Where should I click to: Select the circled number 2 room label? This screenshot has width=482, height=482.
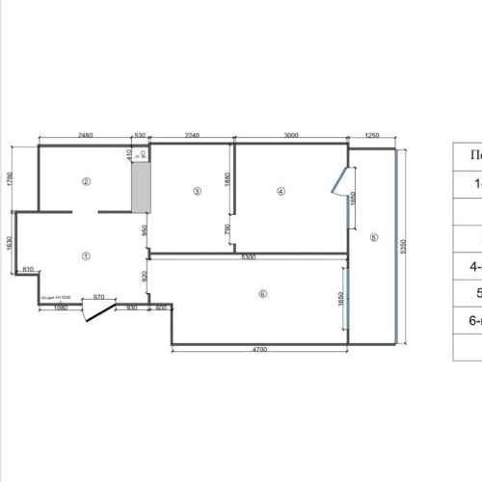click(x=86, y=180)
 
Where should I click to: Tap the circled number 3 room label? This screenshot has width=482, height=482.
click(x=197, y=191)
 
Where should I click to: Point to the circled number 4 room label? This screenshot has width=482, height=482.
click(x=281, y=191)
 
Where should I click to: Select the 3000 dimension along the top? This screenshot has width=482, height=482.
click(x=291, y=137)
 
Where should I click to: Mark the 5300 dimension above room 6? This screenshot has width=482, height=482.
click(x=248, y=258)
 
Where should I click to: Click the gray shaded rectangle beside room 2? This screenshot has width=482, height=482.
click(x=141, y=188)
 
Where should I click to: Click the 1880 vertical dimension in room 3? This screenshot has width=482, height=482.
click(x=228, y=179)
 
